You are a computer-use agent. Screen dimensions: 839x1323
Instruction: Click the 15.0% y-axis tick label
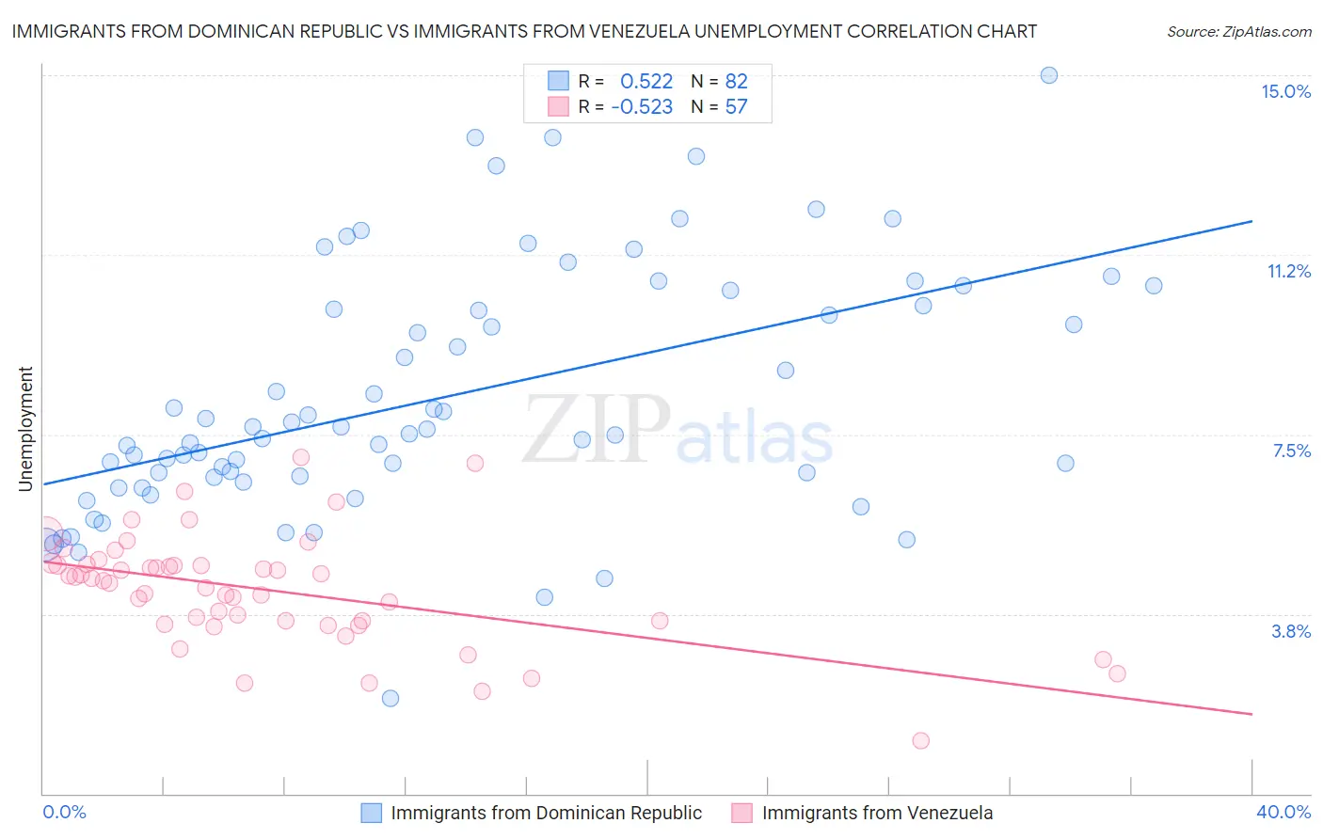coord(1285,91)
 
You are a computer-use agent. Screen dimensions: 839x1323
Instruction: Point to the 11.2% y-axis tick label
coord(1288,271)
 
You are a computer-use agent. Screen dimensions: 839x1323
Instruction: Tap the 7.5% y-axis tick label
coord(1291,451)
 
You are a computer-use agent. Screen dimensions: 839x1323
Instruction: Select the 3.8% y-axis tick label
coord(1291,631)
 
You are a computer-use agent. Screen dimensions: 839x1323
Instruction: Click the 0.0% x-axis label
coord(64,812)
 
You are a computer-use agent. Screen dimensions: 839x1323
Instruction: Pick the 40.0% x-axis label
coord(1283,812)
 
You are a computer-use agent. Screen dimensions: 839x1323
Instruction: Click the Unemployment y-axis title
coord(26,429)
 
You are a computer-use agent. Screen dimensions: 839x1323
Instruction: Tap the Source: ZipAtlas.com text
coord(1238,31)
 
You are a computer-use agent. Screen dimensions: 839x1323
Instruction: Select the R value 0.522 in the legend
coord(646,81)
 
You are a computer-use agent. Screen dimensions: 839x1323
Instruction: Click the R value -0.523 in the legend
coord(642,107)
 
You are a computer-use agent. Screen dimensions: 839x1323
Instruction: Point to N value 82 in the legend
coord(736,81)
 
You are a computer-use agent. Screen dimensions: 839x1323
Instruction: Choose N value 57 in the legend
coord(736,107)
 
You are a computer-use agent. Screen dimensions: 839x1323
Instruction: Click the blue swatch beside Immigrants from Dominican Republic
coord(372,813)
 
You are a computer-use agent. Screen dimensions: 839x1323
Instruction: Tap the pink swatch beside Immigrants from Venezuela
coord(742,813)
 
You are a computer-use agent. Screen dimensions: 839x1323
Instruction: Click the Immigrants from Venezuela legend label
coord(877,813)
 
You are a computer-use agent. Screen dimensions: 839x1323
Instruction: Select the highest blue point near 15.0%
coord(1049,75)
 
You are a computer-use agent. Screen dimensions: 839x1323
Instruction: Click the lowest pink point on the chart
coord(921,740)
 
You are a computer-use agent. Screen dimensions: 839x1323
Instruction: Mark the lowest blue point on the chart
coord(391,698)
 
